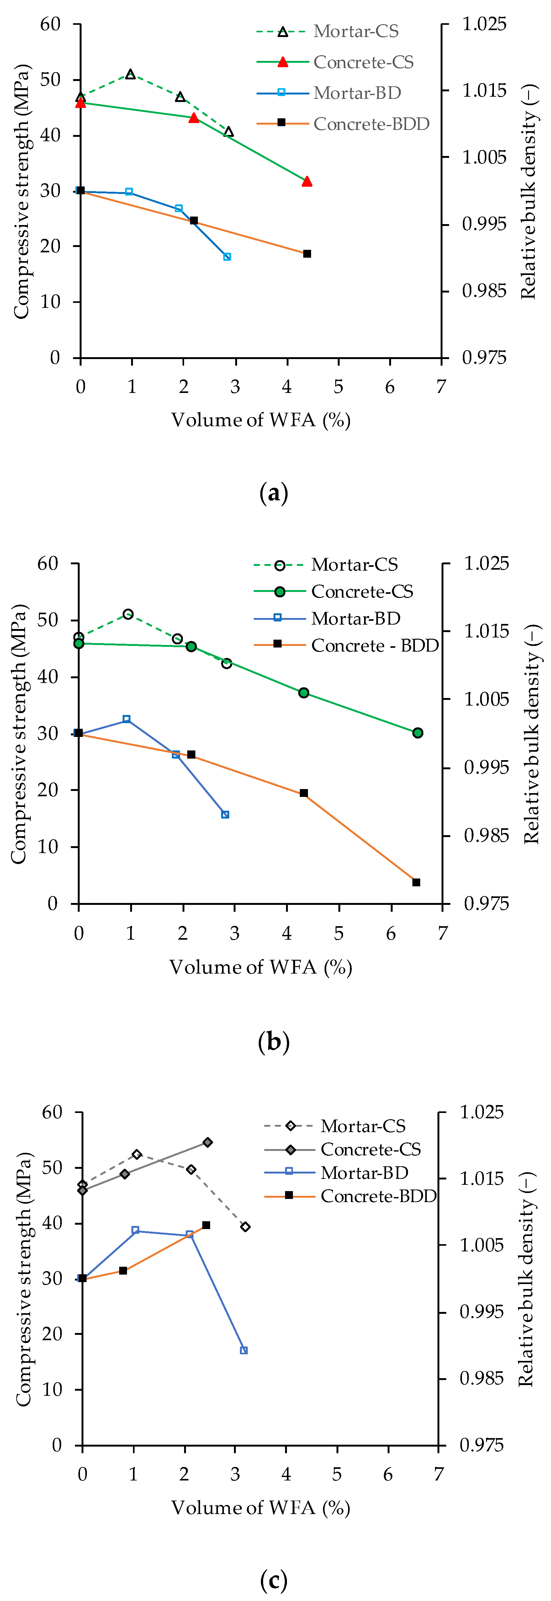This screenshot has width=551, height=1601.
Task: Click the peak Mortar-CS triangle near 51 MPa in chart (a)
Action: point(130,74)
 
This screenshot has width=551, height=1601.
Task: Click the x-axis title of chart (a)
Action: point(261,420)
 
